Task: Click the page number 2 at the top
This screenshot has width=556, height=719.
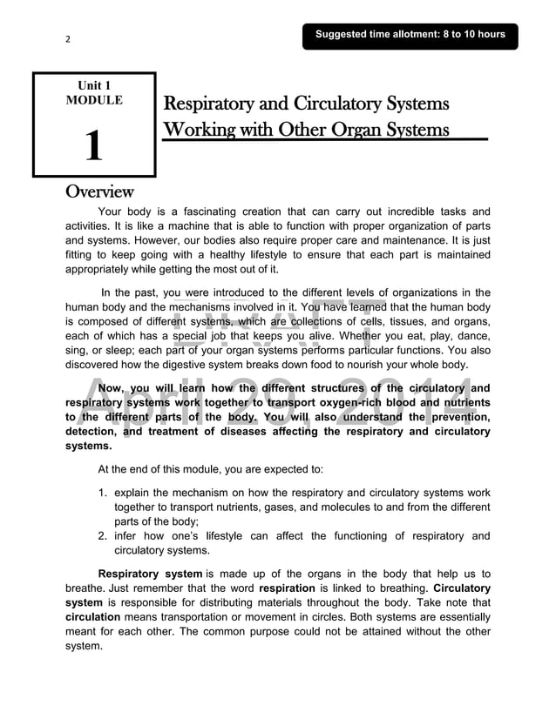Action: (x=67, y=38)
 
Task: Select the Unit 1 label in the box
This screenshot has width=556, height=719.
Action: (x=94, y=85)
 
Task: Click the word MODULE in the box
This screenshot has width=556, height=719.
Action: (x=94, y=100)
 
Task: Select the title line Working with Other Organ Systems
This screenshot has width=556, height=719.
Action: (x=306, y=131)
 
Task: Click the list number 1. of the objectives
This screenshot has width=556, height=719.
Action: (x=104, y=493)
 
